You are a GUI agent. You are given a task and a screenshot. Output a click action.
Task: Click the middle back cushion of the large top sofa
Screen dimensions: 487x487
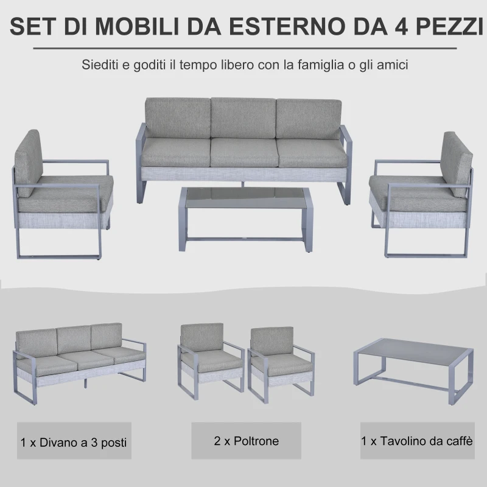pyautogui.click(x=243, y=117)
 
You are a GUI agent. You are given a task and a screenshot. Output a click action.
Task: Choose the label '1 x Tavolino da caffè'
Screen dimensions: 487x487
pyautogui.click(x=417, y=440)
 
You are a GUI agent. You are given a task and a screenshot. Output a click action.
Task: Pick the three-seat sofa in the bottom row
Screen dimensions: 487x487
pyautogui.click(x=79, y=359)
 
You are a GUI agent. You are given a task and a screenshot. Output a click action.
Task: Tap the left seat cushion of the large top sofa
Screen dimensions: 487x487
pyautogui.click(x=177, y=152)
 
